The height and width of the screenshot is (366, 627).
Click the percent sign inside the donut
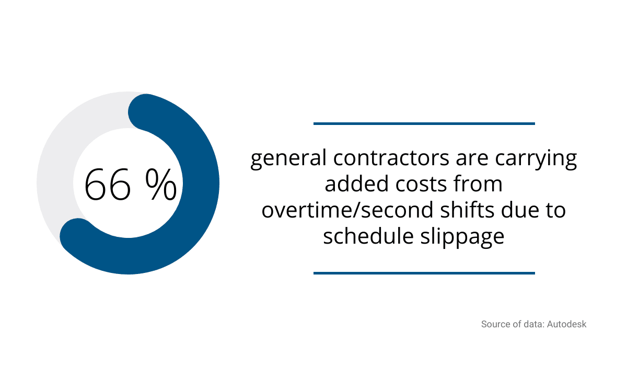pyautogui.click(x=161, y=184)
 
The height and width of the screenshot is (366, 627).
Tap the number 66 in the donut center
pyautogui.click(x=108, y=185)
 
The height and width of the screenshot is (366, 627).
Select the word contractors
pyautogui.click(x=391, y=158)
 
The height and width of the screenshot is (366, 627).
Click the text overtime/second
pyautogui.click(x=347, y=210)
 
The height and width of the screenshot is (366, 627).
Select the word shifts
pyautogui.click(x=467, y=210)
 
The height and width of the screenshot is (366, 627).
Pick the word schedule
pyautogui.click(x=368, y=236)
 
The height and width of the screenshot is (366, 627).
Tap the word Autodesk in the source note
pyautogui.click(x=566, y=324)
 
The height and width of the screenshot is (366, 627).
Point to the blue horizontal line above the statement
pyautogui.click(x=424, y=123)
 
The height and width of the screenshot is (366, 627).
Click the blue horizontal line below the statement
pyautogui.click(x=424, y=273)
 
